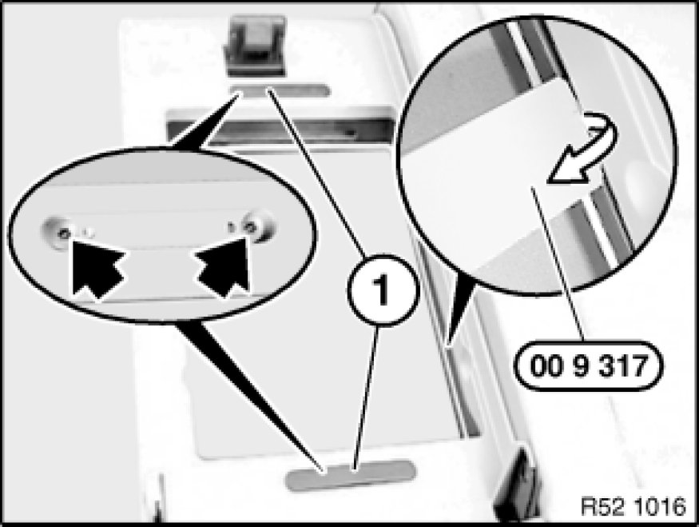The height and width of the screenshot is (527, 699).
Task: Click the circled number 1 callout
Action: pos(383,290)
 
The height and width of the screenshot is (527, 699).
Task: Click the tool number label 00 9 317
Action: pos(589,366)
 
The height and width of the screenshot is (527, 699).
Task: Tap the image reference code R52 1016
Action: pos(633,506)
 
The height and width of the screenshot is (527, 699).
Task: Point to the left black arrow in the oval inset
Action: pos(96,268)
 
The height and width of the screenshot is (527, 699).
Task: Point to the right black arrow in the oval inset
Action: pos(223,267)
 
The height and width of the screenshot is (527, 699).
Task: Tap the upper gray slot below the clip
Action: pos(280,91)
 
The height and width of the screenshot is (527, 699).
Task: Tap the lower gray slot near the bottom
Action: pos(351,474)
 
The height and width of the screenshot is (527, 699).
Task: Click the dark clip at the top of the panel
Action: pos(256,45)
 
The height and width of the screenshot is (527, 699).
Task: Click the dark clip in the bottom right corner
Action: pos(517,486)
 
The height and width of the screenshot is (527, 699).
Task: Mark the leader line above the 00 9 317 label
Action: pos(558,264)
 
